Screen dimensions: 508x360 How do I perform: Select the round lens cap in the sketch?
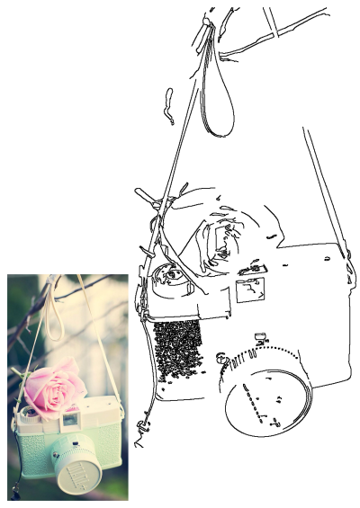pos(266,398)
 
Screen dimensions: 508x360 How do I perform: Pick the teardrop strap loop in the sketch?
pos(218,99)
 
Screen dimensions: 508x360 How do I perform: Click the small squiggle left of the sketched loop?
pos(167,105)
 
